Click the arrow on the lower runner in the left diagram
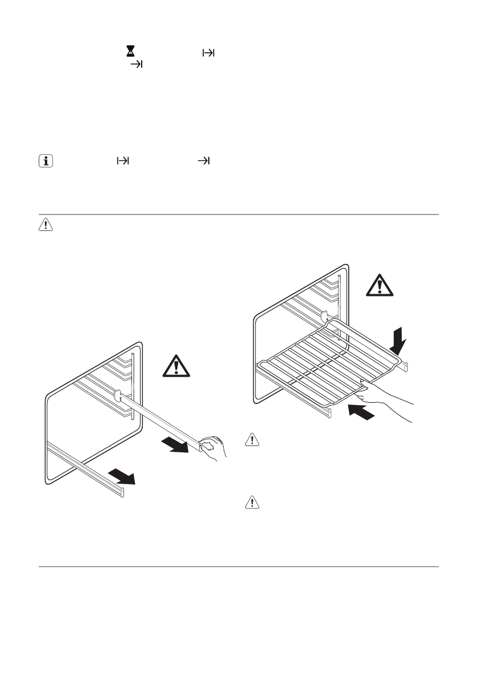pyautogui.click(x=121, y=476)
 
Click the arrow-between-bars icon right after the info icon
pyautogui.click(x=122, y=162)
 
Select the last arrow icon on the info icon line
pyautogui.click(x=203, y=162)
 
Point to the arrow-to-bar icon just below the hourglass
pyautogui.click(x=137, y=65)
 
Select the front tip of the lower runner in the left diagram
pyautogui.click(x=121, y=490)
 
